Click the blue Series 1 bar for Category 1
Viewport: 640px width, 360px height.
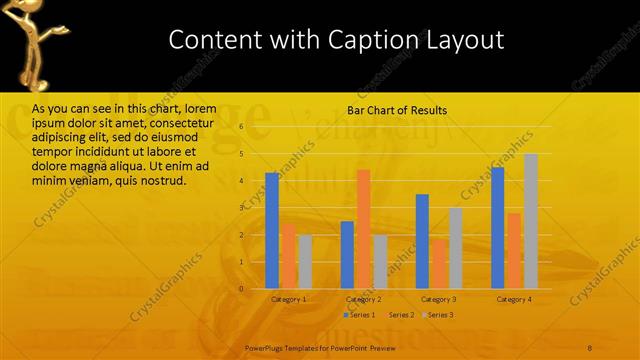272,230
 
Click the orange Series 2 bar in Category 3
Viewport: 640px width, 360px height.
439,263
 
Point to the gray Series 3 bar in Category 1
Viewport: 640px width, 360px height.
305,261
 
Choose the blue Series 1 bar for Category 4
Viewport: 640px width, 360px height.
498,227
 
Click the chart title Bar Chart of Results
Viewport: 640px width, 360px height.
397,110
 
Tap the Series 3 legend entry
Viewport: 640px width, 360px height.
438,315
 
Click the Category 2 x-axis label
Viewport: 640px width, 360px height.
363,299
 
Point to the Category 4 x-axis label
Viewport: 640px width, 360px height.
515,299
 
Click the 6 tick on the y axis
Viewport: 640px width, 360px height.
241,127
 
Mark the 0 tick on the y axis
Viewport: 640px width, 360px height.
241,289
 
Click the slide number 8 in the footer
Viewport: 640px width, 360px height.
589,346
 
